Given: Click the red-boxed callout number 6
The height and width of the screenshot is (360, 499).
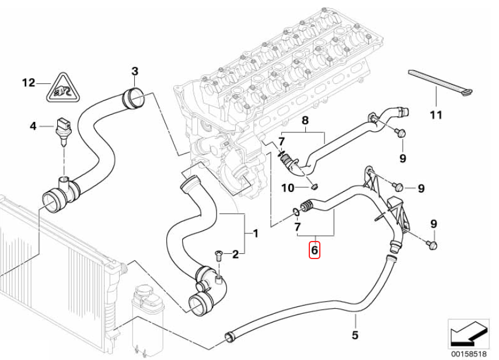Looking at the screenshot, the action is click(315, 250).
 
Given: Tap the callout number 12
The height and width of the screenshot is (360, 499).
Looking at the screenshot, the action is click(29, 83).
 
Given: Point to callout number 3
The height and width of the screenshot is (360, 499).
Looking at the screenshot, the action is click(135, 72).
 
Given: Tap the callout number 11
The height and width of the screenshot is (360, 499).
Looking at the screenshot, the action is click(435, 115).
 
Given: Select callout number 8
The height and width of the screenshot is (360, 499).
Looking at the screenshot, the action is click(305, 121).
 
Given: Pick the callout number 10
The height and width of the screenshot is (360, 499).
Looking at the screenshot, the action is click(288, 188).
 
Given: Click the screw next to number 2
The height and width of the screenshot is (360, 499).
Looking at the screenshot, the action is click(218, 255).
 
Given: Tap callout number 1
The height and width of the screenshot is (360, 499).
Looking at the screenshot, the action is click(255, 234).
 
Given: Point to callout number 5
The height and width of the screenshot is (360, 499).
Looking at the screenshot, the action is click(355, 334).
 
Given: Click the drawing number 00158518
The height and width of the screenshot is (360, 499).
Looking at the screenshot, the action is click(469, 354).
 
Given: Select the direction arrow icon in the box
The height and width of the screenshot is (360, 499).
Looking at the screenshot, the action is click(468, 334).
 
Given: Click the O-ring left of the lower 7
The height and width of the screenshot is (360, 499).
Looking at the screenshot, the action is click(296, 212).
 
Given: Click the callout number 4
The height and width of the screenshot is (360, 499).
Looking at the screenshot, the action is click(33, 127).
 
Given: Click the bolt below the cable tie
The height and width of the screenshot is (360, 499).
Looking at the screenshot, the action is click(400, 132).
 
